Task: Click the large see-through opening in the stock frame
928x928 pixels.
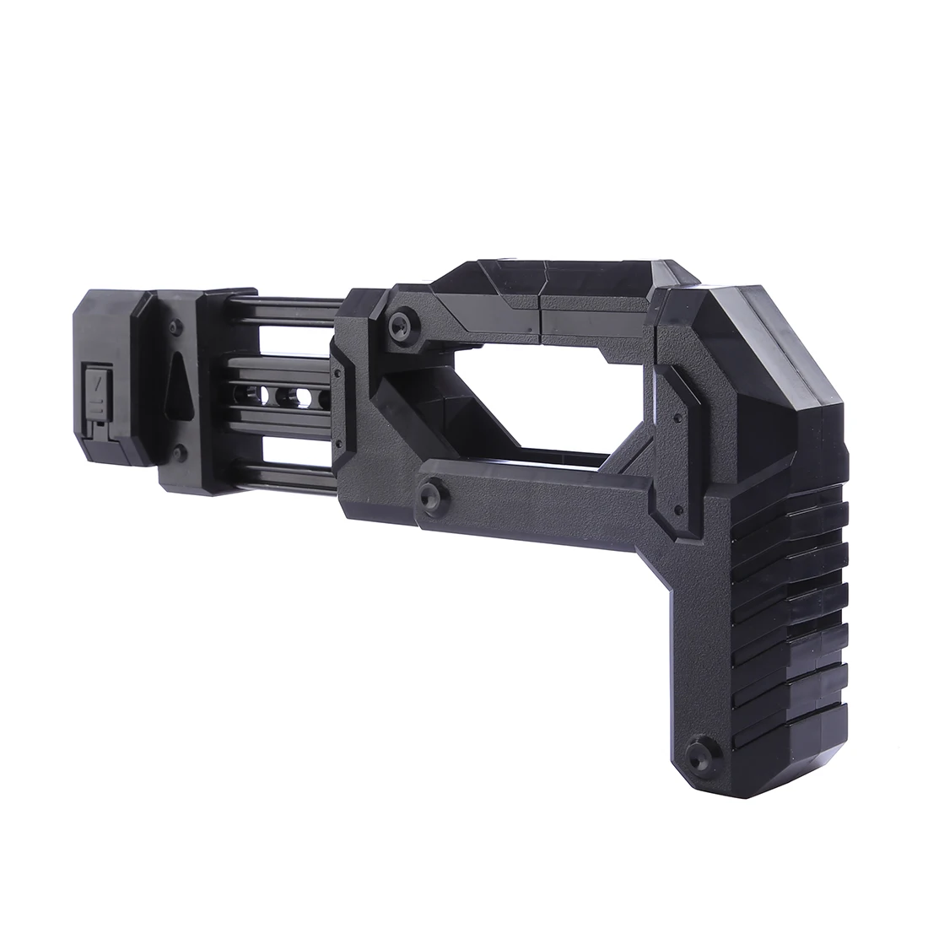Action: [540, 397]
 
